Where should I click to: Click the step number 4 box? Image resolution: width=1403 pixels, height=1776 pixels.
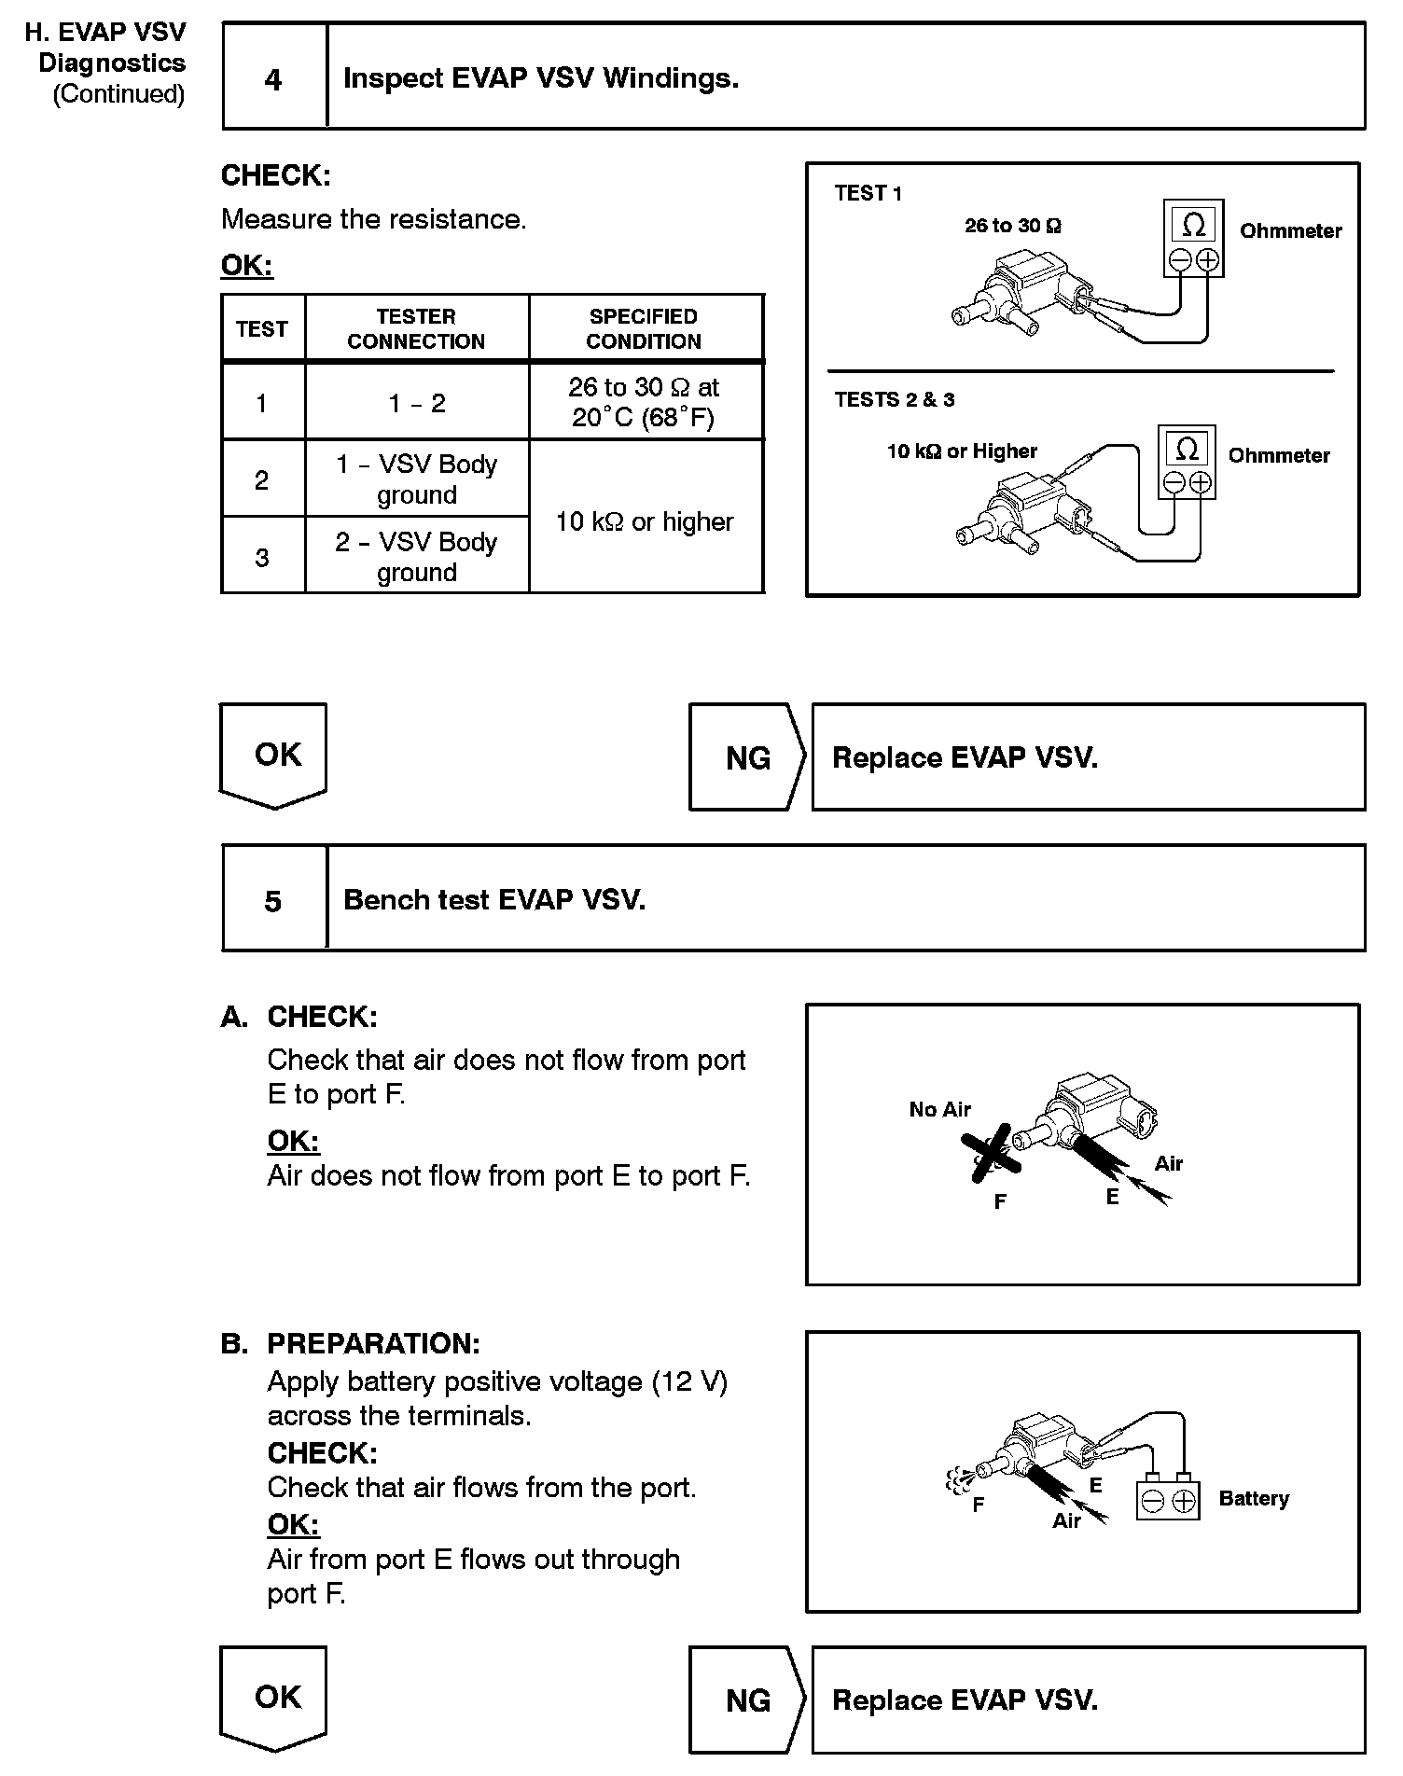(x=274, y=78)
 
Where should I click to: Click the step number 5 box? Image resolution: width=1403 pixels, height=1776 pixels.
(x=274, y=900)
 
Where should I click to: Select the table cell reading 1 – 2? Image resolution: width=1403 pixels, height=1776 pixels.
(x=417, y=403)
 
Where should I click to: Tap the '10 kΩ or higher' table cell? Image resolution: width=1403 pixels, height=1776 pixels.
(x=646, y=520)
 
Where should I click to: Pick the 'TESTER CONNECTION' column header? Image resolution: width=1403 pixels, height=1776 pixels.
(x=416, y=328)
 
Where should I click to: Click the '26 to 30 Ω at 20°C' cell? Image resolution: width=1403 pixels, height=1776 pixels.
(x=644, y=402)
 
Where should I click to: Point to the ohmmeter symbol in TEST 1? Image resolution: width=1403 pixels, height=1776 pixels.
(x=1193, y=239)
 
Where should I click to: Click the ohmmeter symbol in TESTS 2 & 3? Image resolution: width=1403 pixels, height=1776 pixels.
(x=1187, y=463)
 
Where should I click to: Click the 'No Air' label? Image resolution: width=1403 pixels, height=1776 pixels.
(x=939, y=1109)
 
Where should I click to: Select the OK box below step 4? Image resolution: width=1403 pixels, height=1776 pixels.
(x=274, y=755)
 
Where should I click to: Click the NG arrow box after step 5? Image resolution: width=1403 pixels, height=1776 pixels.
(x=747, y=1700)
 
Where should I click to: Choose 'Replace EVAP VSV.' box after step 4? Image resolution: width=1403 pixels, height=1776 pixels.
(x=1088, y=757)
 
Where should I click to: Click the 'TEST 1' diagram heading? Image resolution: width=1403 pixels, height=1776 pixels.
(x=868, y=193)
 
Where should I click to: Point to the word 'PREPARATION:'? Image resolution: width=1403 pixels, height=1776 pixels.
(x=373, y=1343)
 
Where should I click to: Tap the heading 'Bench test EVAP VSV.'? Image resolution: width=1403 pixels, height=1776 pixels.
(x=494, y=900)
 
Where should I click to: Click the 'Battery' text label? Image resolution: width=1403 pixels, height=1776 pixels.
(x=1254, y=1498)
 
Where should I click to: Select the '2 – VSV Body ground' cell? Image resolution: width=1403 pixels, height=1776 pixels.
(x=417, y=556)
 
